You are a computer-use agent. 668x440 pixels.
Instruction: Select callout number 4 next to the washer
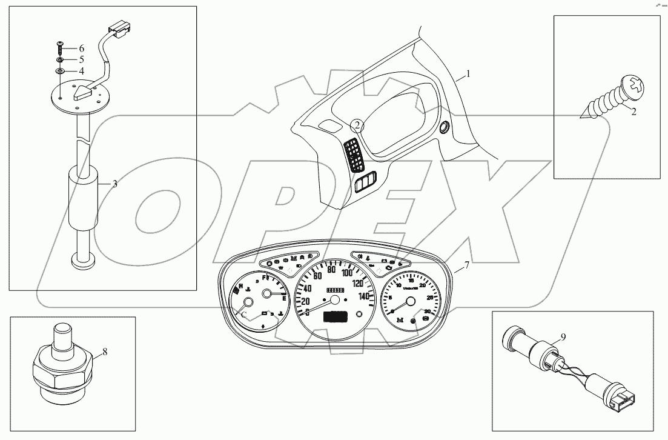pos(81,72)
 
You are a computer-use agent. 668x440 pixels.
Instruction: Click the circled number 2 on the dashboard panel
pos(357,125)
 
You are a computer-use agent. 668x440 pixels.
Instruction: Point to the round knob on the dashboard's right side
pos(444,127)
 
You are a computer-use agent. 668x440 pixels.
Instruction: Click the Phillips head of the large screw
pos(636,85)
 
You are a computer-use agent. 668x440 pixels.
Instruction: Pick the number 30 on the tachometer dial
pos(427,312)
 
